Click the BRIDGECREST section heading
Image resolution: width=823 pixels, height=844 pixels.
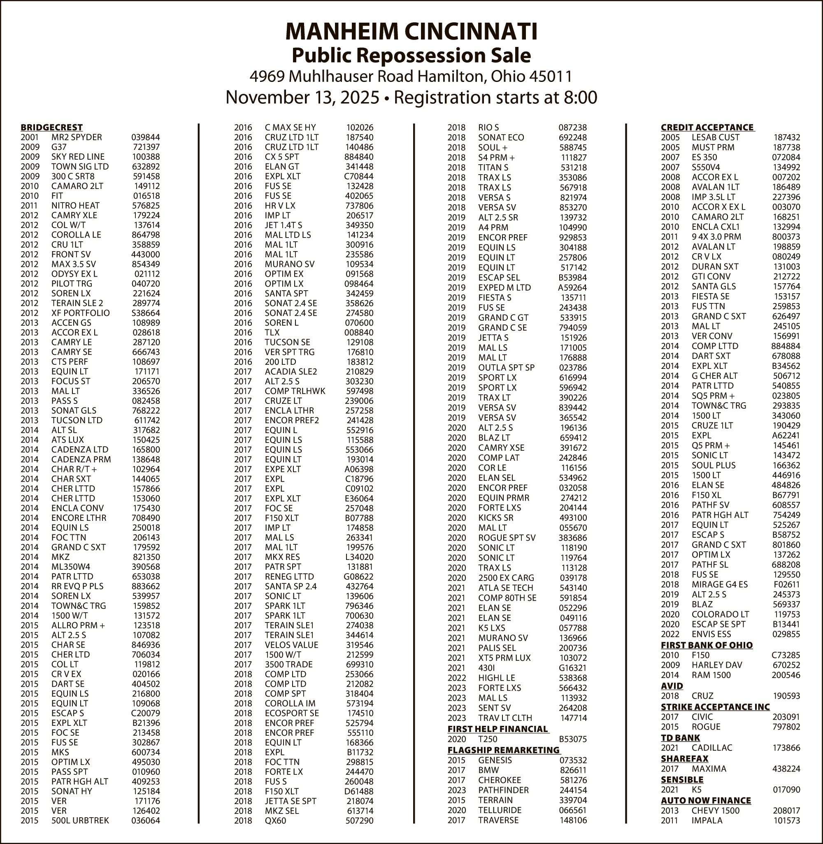[x=51, y=128]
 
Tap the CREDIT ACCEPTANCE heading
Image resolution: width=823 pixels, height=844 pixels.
[x=707, y=128]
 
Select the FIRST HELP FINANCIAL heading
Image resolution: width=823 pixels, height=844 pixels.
[x=498, y=729]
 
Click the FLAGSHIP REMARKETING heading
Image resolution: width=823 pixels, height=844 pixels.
[x=503, y=750]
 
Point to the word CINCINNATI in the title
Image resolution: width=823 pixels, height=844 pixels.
[x=471, y=32]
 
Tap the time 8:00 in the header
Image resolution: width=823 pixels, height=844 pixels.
[x=580, y=98]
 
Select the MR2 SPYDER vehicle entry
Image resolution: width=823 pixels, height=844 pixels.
[x=77, y=138]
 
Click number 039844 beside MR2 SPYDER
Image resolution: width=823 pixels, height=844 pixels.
[x=146, y=138]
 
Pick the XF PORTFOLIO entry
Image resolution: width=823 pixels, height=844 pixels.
[x=80, y=313]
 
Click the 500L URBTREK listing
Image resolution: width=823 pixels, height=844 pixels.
[x=80, y=821]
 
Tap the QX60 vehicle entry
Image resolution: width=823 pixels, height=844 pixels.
[x=275, y=821]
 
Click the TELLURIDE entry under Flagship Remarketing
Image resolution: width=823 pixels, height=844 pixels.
[x=500, y=810]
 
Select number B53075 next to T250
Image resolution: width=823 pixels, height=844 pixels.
[x=573, y=739]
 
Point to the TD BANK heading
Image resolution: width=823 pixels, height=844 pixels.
[x=680, y=738]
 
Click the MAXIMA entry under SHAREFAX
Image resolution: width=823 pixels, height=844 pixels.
[x=709, y=769]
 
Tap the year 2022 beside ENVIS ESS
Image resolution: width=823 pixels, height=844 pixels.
[x=670, y=634]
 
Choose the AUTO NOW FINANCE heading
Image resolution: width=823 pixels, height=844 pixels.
[x=706, y=800]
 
